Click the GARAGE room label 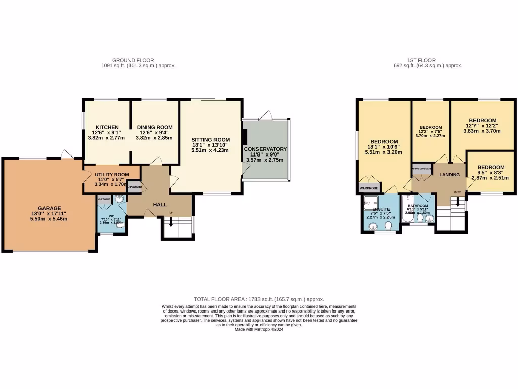click(x=49, y=208)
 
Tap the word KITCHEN click(x=107, y=127)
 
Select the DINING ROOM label click(x=154, y=127)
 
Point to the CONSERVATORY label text click(x=266, y=149)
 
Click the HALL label click(x=160, y=204)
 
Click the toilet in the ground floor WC click(x=120, y=226)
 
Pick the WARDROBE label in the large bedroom click(x=369, y=188)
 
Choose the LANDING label click(x=449, y=175)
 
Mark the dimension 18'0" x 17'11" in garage click(x=49, y=213)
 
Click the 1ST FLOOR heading click(x=428, y=60)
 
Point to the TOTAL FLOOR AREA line click(x=259, y=299)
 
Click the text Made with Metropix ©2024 click(x=259, y=329)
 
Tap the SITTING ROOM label click(x=210, y=140)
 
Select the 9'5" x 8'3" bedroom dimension click(x=491, y=173)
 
